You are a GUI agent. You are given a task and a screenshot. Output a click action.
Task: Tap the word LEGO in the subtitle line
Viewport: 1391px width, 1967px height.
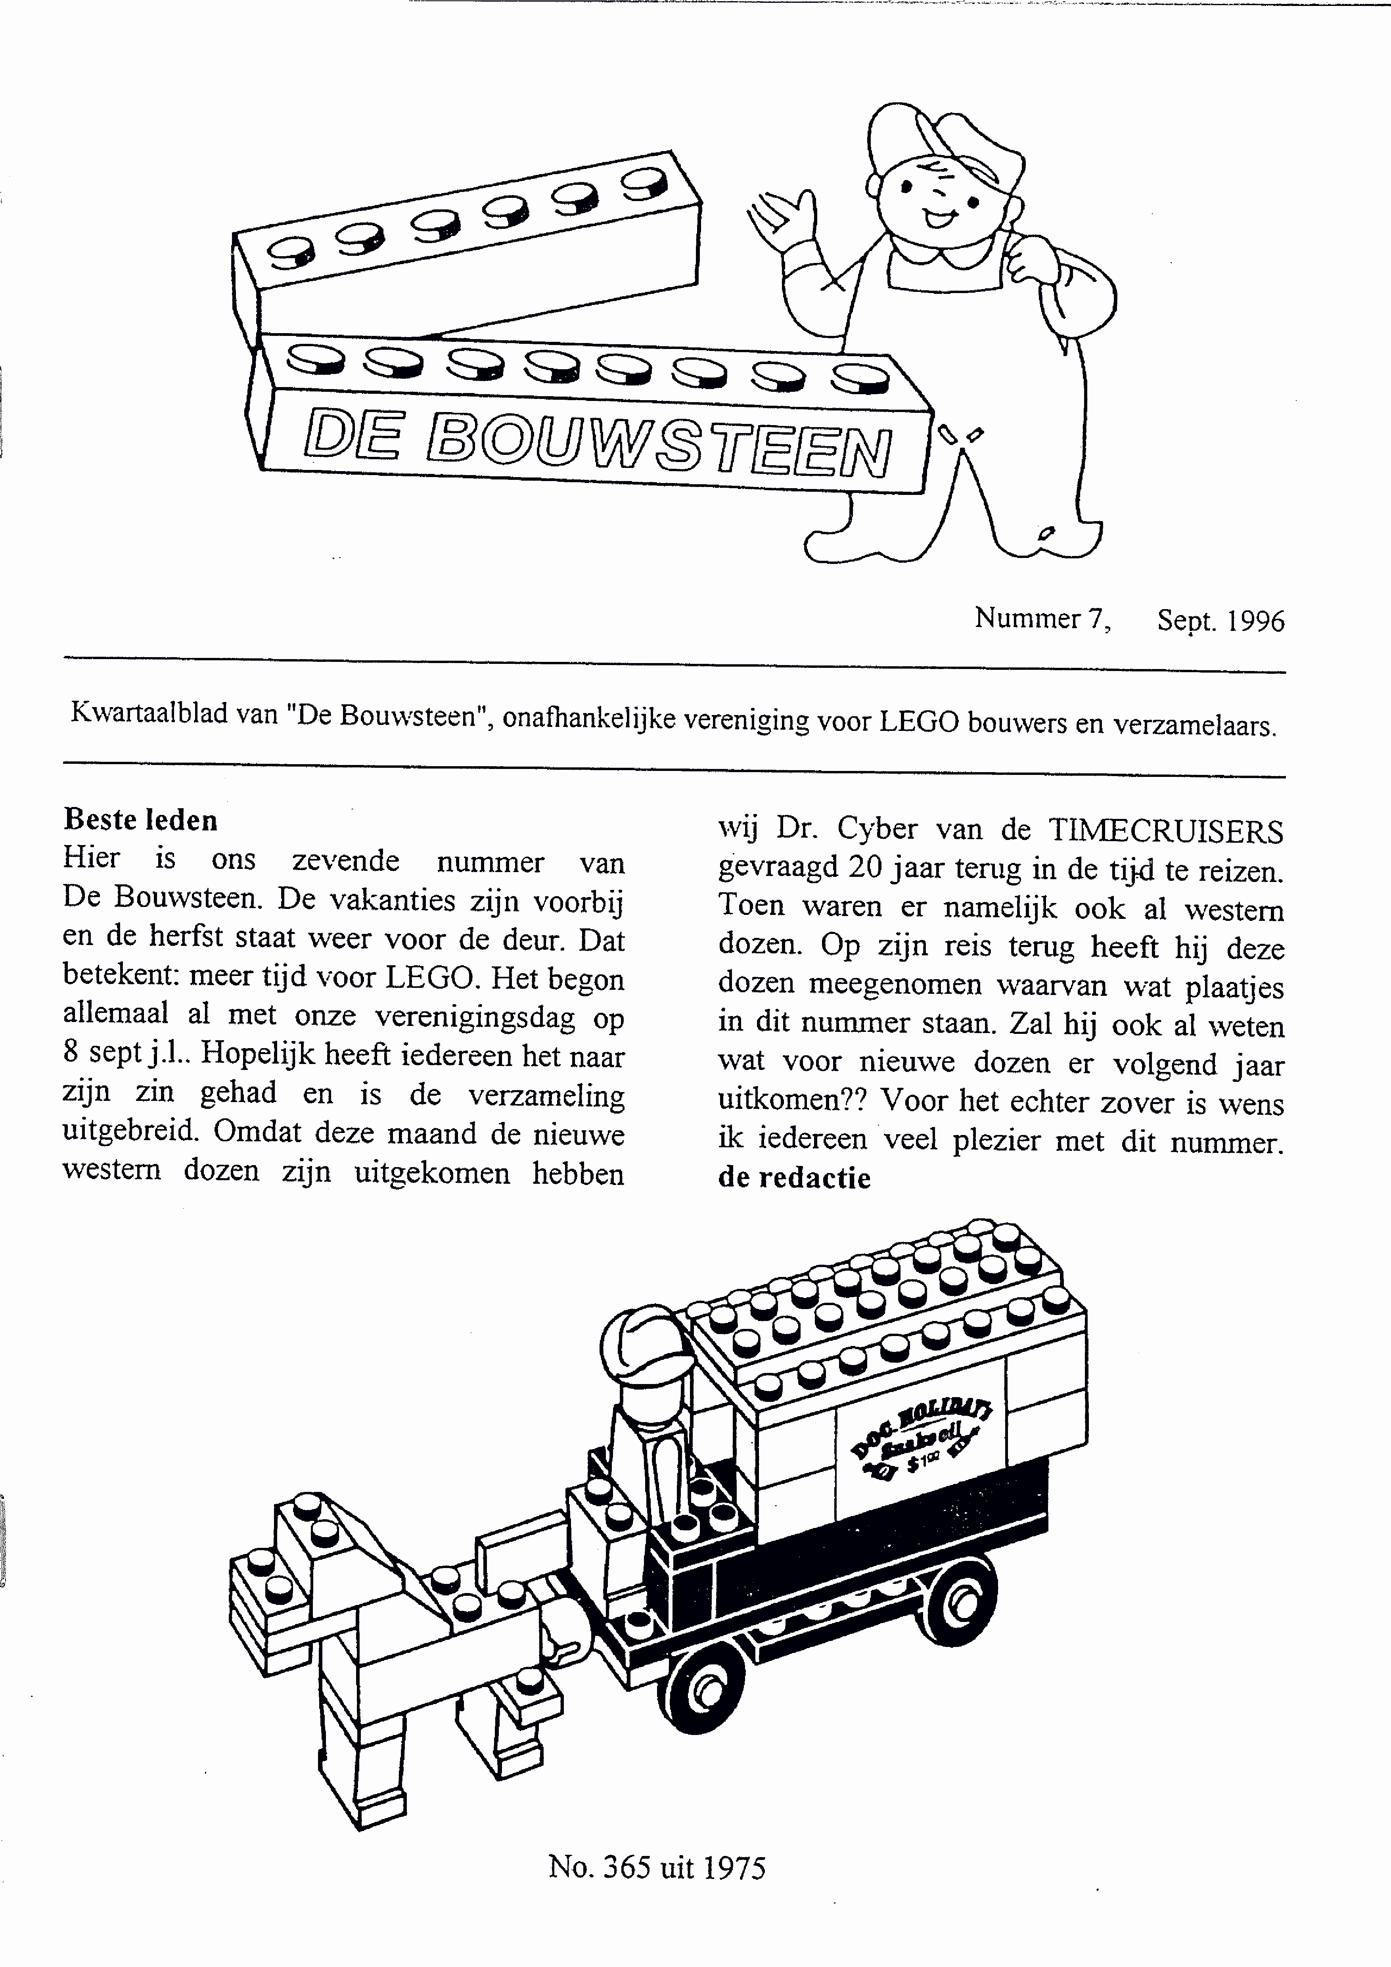click(918, 722)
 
